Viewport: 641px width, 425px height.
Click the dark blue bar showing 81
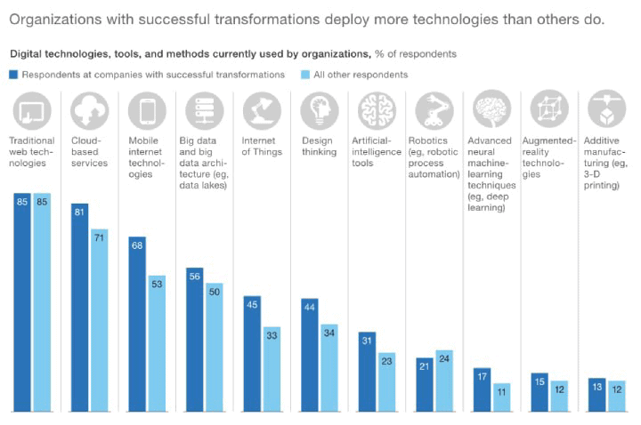[x=80, y=307]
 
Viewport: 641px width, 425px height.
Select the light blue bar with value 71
[x=99, y=320]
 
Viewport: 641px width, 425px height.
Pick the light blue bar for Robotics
[x=444, y=381]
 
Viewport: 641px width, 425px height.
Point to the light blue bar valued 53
[x=157, y=343]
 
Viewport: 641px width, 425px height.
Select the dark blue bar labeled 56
[x=195, y=339]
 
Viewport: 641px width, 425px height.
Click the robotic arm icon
[x=434, y=111]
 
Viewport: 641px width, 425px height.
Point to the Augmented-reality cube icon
[x=549, y=111]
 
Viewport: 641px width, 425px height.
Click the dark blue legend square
[x=13, y=75]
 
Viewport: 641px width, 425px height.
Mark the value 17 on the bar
[x=482, y=376]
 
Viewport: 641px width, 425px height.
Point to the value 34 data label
[x=329, y=333]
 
